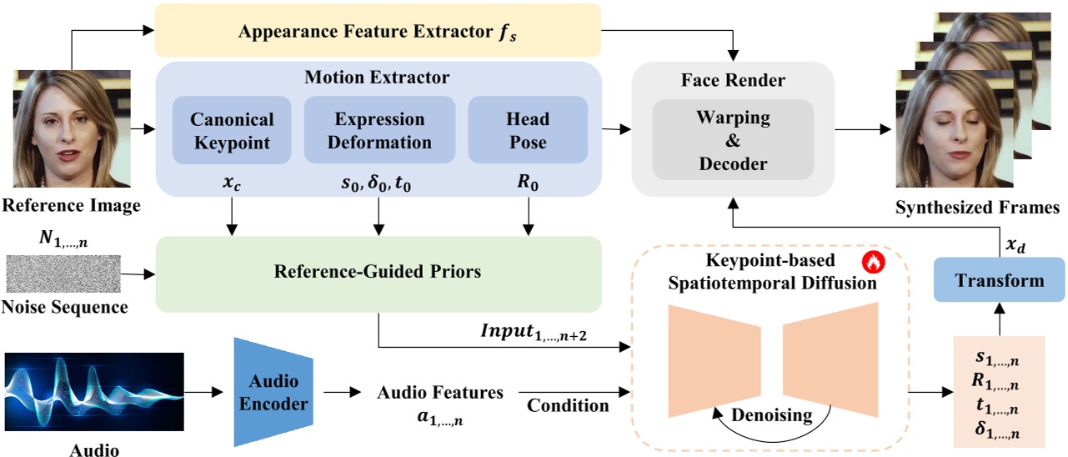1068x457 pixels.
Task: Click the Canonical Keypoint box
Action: point(232,130)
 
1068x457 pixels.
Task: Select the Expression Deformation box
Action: point(379,130)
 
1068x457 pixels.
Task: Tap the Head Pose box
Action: point(528,130)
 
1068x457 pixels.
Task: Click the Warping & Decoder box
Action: point(733,139)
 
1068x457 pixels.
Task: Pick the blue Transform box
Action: point(1000,279)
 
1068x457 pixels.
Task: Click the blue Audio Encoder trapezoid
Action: point(273,393)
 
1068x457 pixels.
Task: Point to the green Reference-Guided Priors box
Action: point(379,272)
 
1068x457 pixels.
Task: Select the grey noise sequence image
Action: point(63,274)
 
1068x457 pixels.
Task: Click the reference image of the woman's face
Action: point(73,130)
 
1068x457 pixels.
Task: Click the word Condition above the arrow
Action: point(567,405)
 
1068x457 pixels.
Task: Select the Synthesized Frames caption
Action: point(977,207)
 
